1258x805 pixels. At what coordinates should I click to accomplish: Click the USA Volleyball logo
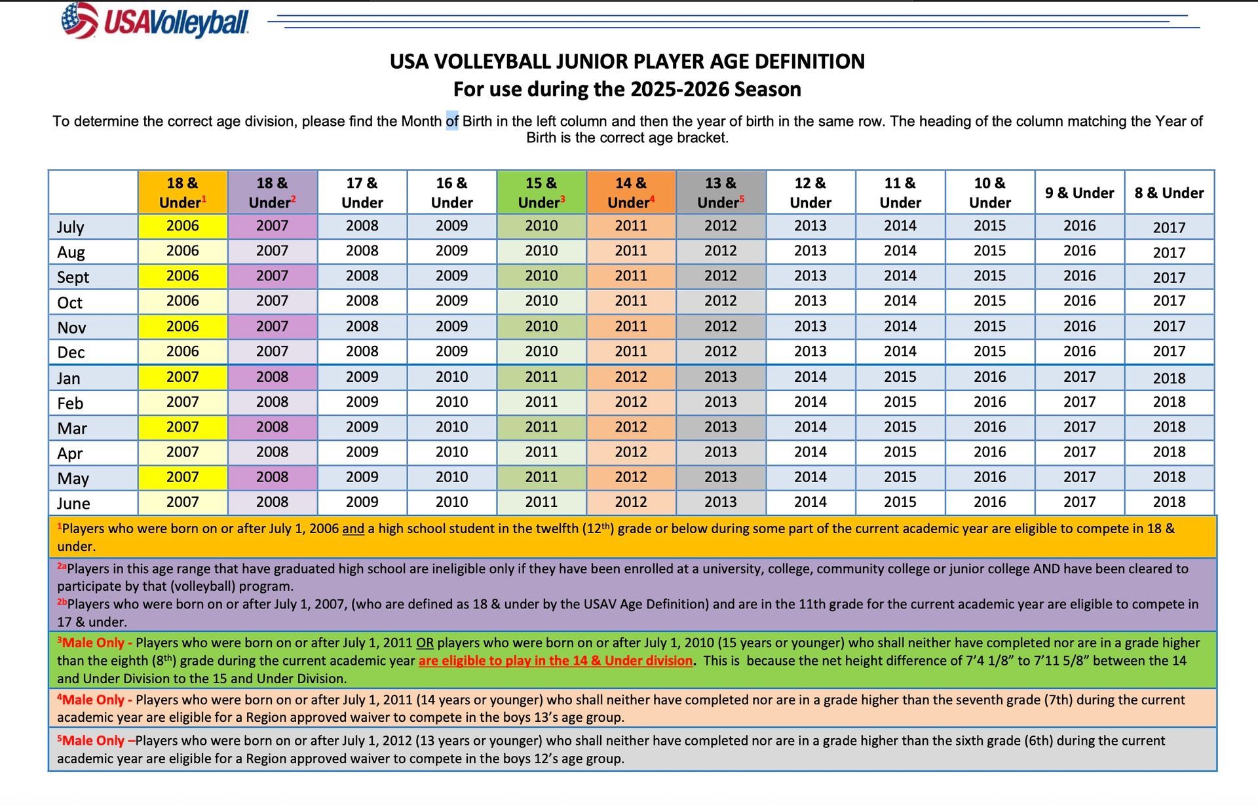(x=155, y=21)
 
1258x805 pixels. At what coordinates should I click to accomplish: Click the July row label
(x=70, y=227)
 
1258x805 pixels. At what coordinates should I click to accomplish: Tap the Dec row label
(x=71, y=352)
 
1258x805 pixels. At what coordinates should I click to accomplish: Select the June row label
(x=73, y=503)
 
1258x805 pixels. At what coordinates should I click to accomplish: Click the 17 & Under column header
(x=362, y=193)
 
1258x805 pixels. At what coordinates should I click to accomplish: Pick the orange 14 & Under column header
(x=631, y=193)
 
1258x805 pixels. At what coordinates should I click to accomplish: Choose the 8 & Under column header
(x=1170, y=193)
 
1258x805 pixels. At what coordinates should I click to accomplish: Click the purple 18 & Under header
(x=272, y=193)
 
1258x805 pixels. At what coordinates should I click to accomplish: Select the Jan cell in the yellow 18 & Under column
(x=182, y=377)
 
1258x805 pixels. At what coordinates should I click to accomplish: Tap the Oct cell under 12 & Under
(x=810, y=301)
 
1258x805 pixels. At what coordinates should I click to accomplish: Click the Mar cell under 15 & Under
(x=541, y=427)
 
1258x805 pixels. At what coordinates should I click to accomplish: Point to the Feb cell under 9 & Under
(x=1080, y=402)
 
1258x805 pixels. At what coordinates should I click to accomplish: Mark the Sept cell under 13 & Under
(x=721, y=276)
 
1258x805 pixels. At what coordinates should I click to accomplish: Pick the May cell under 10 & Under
(x=990, y=477)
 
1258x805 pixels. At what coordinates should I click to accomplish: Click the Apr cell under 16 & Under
(x=452, y=452)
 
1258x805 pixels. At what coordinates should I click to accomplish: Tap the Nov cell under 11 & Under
(x=900, y=326)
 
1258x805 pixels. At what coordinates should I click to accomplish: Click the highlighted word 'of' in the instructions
(x=452, y=121)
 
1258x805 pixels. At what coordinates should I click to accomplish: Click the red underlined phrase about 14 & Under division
(x=556, y=661)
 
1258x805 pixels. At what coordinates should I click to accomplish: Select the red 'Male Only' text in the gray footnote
(x=96, y=741)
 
